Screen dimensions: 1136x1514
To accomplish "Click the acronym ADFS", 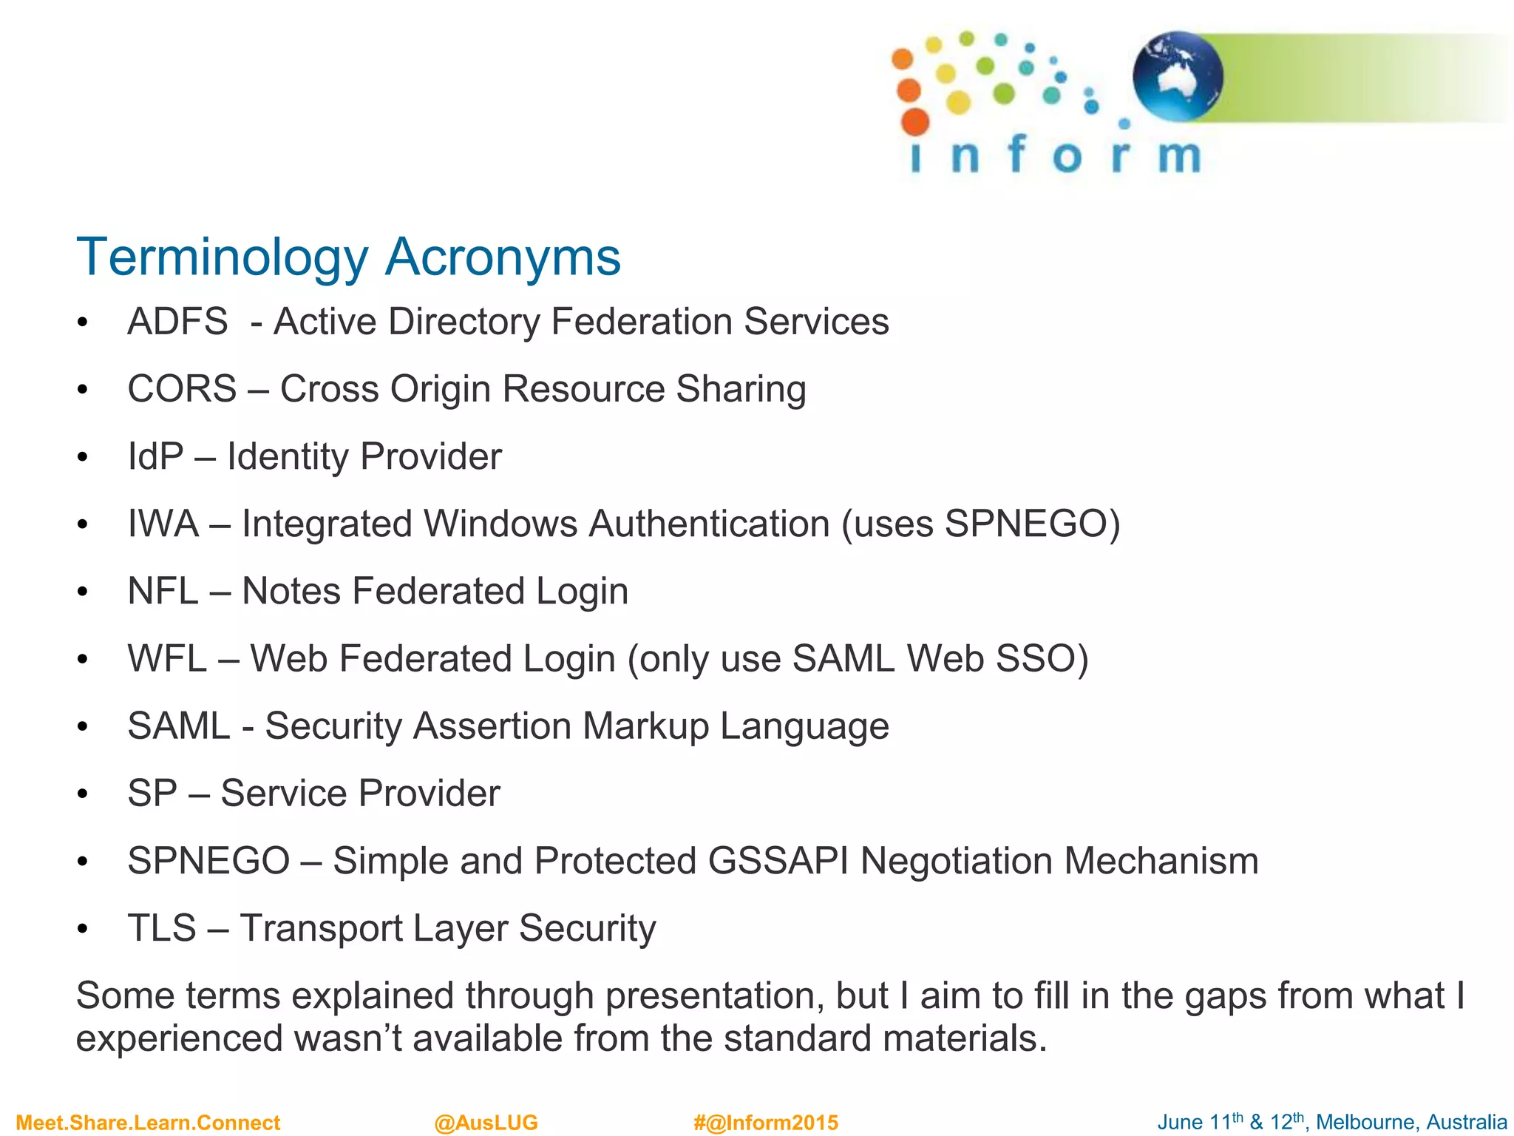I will click(177, 322).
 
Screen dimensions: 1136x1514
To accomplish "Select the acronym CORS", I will click(182, 389).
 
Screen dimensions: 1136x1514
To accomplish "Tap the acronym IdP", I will click(155, 456).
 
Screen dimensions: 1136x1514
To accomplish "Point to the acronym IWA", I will click(163, 524).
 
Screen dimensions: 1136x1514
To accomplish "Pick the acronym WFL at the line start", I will click(167, 658).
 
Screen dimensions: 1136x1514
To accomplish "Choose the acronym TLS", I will click(162, 928).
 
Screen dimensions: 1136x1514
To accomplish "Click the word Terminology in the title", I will click(222, 257).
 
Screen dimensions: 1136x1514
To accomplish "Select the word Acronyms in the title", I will click(503, 257).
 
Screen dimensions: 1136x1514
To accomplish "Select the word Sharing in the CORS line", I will click(741, 389).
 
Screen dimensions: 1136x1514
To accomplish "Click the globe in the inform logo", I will click(1178, 75).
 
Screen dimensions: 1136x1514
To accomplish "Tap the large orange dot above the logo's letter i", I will click(915, 121).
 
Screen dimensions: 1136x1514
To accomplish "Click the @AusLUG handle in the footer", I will click(486, 1123).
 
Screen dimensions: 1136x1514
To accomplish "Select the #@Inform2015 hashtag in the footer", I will click(766, 1123).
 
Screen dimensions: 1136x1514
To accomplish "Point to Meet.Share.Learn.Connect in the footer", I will click(148, 1123).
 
